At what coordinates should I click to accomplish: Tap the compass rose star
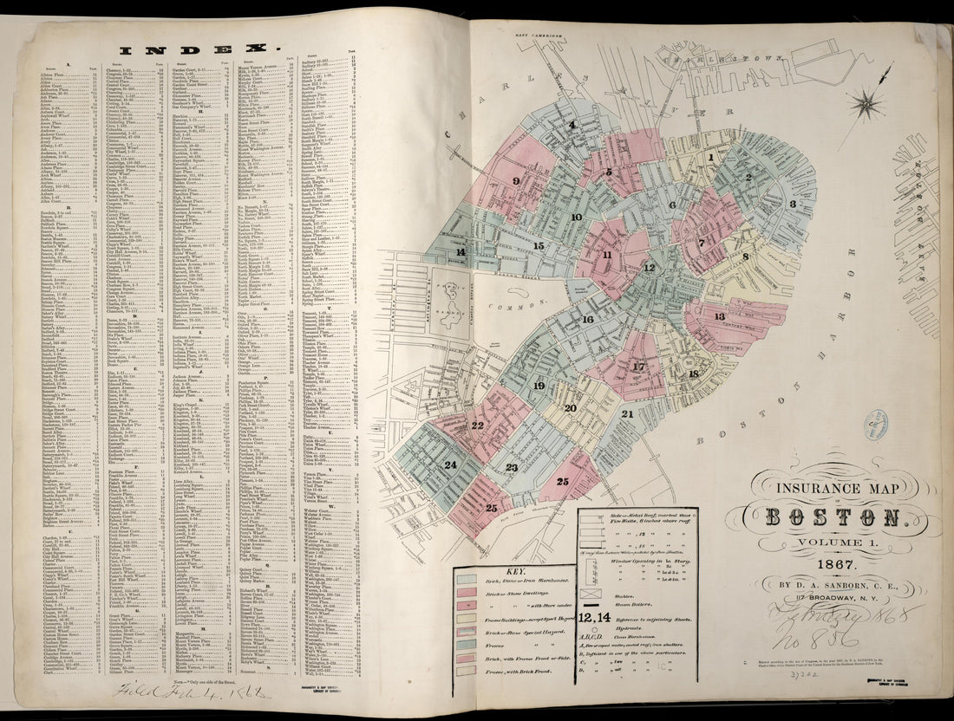[x=866, y=106]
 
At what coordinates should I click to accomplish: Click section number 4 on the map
[x=572, y=124]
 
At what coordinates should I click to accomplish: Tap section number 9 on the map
[x=516, y=181]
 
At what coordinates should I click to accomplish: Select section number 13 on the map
[x=719, y=316]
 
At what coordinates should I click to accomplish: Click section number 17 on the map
[x=639, y=367]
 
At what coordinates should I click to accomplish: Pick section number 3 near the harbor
[x=792, y=204]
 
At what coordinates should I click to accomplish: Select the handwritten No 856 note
[x=824, y=638]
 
